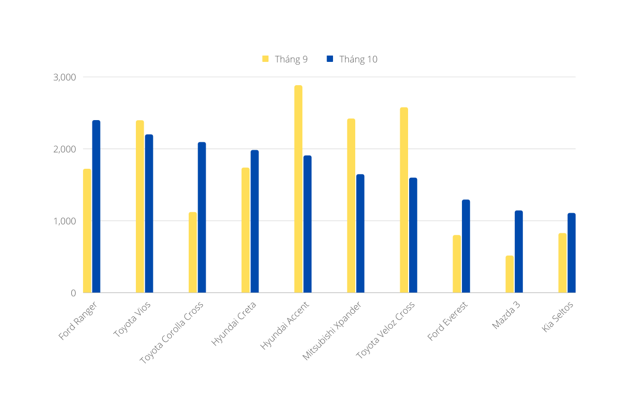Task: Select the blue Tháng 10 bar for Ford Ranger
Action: pyautogui.click(x=96, y=206)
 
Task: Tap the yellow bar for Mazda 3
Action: pyautogui.click(x=510, y=274)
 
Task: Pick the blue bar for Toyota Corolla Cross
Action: pyautogui.click(x=202, y=217)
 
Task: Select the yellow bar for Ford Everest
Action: pyautogui.click(x=457, y=264)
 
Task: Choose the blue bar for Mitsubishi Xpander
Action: pyautogui.click(x=360, y=233)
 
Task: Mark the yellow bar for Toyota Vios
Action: pyautogui.click(x=140, y=206)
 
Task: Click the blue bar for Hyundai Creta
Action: pyautogui.click(x=255, y=221)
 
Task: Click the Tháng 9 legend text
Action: pyautogui.click(x=291, y=59)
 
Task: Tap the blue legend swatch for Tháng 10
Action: pyautogui.click(x=330, y=59)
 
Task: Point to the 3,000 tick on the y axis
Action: pyautogui.click(x=65, y=77)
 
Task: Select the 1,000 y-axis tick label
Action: pyautogui.click(x=65, y=221)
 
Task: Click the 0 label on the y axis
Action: pyautogui.click(x=73, y=293)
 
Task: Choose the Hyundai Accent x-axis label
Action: pyautogui.click(x=285, y=325)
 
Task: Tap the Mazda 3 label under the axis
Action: pyautogui.click(x=506, y=316)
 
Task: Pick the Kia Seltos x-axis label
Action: pyautogui.click(x=558, y=317)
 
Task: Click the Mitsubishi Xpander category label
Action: pyautogui.click(x=332, y=331)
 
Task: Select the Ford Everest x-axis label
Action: pyautogui.click(x=448, y=322)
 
